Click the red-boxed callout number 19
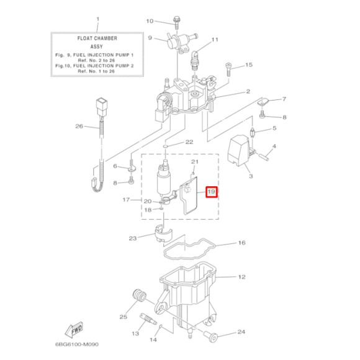click(211, 192)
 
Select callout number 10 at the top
click(150, 21)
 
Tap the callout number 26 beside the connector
click(79, 127)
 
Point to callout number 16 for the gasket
click(242, 243)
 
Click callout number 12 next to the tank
click(242, 277)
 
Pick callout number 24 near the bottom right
click(241, 331)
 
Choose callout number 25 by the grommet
click(124, 317)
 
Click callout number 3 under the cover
click(251, 177)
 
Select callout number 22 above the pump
click(189, 142)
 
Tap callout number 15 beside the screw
click(249, 65)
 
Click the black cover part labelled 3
click(240, 151)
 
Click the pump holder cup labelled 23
click(161, 235)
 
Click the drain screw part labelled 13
click(149, 321)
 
